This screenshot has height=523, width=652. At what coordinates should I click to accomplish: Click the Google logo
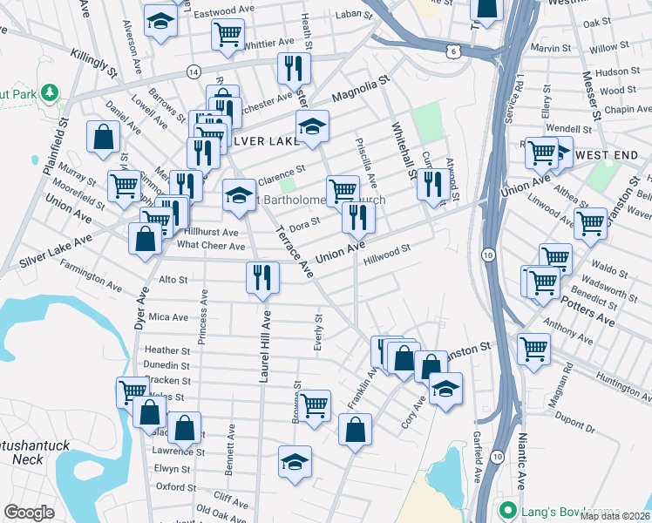click(x=30, y=513)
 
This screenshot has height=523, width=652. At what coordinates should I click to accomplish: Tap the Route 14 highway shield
click(x=193, y=70)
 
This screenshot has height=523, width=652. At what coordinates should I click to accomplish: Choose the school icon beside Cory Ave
click(x=445, y=389)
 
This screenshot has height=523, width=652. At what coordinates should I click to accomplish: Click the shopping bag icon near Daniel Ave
click(x=104, y=137)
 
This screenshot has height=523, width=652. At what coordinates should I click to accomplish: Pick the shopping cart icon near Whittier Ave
click(x=228, y=34)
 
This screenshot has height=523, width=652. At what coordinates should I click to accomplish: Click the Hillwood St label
click(x=387, y=254)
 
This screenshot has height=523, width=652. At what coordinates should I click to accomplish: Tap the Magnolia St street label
click(x=359, y=89)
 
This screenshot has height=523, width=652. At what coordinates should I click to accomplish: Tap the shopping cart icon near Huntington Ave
click(x=533, y=348)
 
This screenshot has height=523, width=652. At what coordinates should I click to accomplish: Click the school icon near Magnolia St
click(x=312, y=126)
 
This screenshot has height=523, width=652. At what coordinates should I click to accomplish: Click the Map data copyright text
click(x=615, y=515)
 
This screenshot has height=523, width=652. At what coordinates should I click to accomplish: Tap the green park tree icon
click(x=50, y=91)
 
